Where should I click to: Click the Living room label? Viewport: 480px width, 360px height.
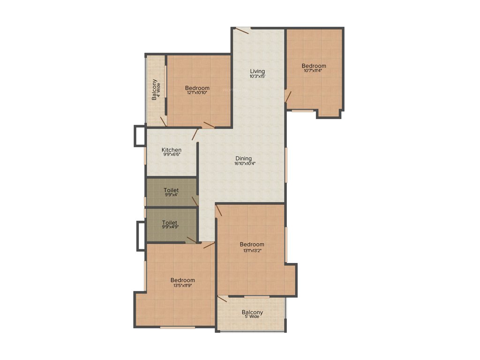(x=257, y=71)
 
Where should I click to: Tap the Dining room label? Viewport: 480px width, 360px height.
(x=244, y=158)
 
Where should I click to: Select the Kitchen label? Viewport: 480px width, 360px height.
(x=172, y=150)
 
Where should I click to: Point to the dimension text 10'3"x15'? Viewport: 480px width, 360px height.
(x=257, y=76)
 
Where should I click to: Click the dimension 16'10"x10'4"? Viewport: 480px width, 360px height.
(x=245, y=164)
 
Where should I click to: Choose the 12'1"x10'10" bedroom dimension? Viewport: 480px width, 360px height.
(x=197, y=93)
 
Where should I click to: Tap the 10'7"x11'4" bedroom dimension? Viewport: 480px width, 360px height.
(x=314, y=71)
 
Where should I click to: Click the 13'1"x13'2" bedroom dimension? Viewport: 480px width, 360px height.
(x=252, y=250)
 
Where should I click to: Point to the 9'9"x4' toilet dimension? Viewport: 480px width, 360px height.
(x=171, y=195)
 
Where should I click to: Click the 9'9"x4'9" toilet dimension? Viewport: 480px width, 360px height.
(x=170, y=227)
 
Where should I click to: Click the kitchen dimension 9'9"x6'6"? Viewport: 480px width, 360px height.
(x=172, y=154)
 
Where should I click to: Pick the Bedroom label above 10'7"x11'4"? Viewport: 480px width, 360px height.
(x=314, y=66)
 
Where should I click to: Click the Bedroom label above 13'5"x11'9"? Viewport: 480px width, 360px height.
(x=182, y=280)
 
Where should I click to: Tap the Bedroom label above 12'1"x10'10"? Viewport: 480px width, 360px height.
(x=197, y=88)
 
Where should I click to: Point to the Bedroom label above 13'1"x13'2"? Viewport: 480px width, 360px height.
(x=252, y=244)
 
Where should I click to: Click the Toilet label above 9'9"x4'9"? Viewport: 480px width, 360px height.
(x=170, y=222)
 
